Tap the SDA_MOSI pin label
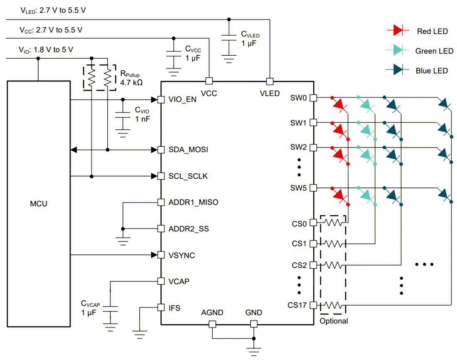click(188, 150)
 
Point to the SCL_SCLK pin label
click(188, 176)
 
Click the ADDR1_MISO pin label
click(193, 202)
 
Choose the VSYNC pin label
click(182, 255)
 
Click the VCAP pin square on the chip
click(161, 281)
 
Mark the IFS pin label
click(174, 308)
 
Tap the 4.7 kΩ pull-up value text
click(131, 83)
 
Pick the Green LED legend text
click(434, 51)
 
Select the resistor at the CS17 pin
click(333, 305)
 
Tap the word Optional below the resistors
click(334, 321)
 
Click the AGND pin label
click(212, 313)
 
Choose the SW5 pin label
click(298, 188)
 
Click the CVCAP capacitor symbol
click(110, 308)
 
